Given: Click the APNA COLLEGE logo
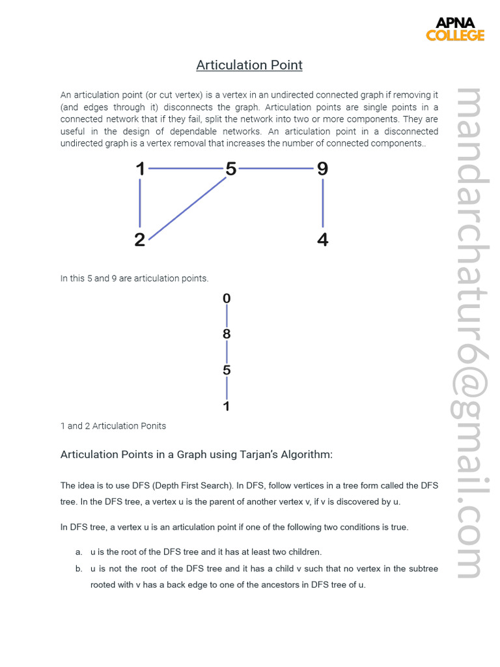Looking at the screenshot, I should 455,29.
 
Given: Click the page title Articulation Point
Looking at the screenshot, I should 249,65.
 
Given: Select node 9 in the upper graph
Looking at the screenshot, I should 322,169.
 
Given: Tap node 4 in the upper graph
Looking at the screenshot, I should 322,240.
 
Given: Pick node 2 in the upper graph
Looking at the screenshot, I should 140,240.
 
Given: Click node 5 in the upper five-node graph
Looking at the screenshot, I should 230,169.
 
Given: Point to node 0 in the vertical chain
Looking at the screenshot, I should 227,299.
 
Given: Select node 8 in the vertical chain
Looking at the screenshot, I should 227,334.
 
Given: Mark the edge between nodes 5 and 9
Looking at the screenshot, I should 276,169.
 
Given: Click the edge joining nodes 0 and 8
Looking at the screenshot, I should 227,317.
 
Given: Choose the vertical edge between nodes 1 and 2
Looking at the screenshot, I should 140,204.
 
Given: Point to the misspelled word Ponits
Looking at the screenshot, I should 152,426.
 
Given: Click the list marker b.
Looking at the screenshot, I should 78,569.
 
